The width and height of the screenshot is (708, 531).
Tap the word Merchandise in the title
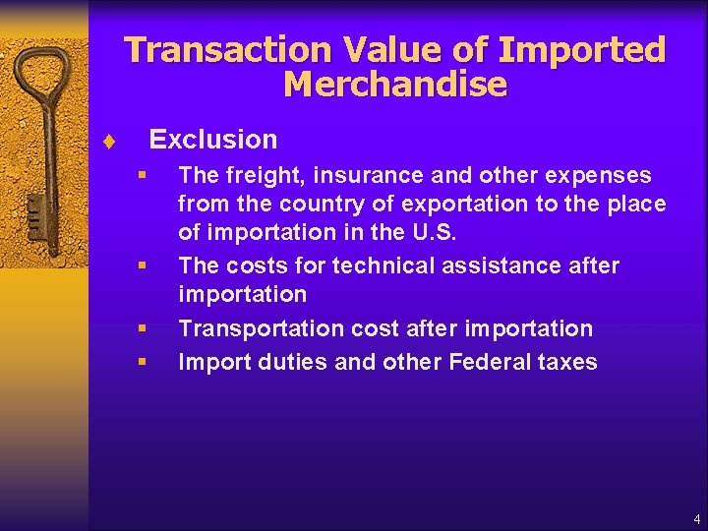point(394,86)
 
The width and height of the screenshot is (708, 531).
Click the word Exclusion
point(212,140)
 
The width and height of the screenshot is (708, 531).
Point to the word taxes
point(566,362)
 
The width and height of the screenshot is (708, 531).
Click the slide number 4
point(696,519)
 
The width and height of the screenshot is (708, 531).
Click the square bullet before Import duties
point(143,362)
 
